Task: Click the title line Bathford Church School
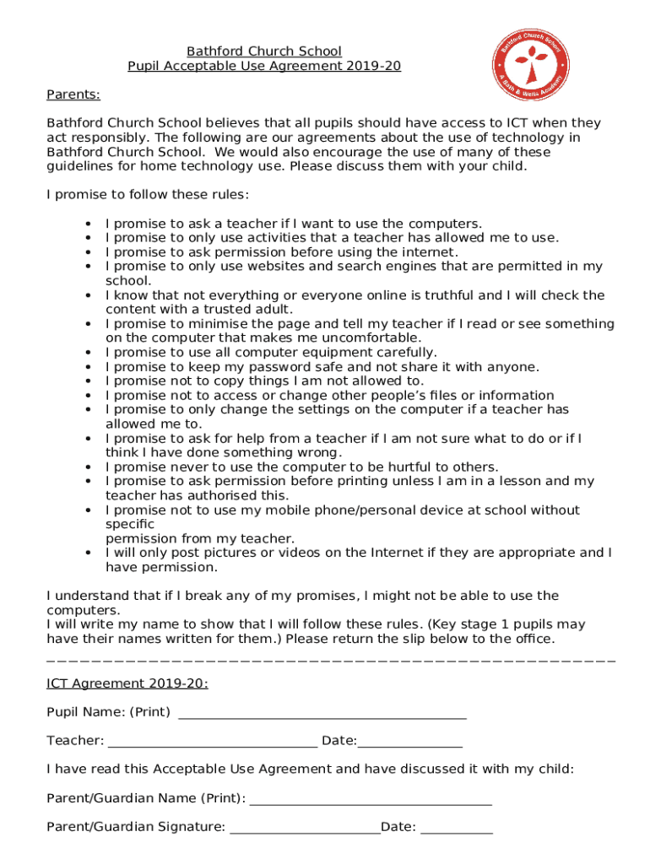tap(264, 52)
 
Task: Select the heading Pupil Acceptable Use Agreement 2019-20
tap(264, 67)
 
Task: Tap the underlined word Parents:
tap(73, 94)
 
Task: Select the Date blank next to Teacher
tap(410, 742)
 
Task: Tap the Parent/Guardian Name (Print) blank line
tap(371, 799)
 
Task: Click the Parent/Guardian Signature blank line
tap(305, 828)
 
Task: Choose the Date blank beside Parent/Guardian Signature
tap(457, 828)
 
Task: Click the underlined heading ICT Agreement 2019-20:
tap(127, 683)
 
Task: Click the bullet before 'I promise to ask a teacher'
tap(88, 224)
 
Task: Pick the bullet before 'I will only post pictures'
tap(88, 553)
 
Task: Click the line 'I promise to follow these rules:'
tap(148, 195)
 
